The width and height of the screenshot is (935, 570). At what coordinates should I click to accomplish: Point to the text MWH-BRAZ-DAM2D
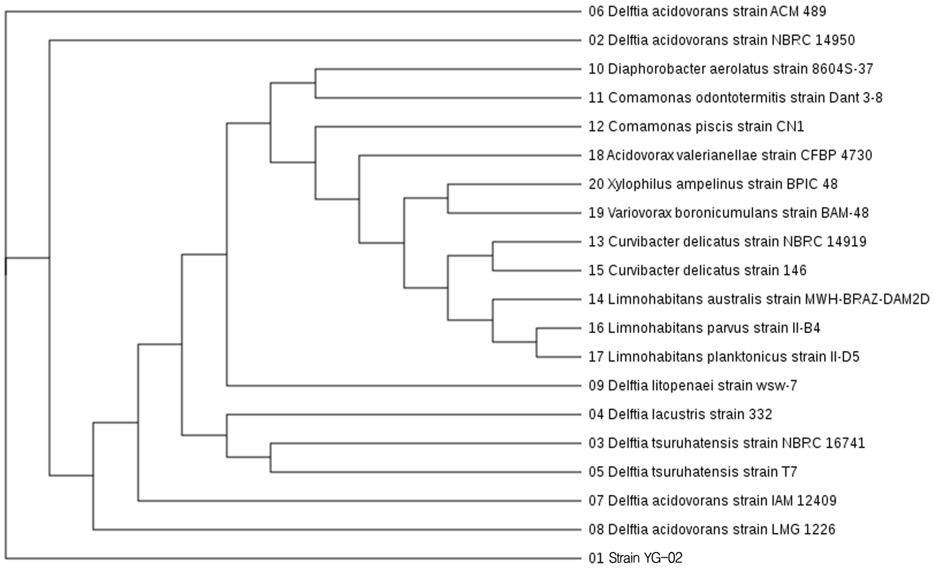pos(867,299)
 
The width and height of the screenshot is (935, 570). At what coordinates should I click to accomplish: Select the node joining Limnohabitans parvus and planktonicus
pos(537,342)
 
